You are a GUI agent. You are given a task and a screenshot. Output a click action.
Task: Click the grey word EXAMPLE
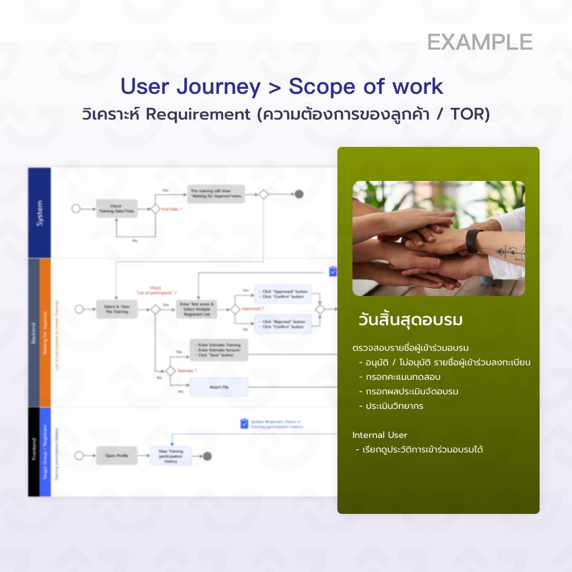480,42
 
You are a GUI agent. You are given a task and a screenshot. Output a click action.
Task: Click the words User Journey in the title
190,87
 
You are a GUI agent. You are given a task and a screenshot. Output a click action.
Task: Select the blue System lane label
39,213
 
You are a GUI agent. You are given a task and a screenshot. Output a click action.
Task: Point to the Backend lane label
34,332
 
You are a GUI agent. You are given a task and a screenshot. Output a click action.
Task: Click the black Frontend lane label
34,451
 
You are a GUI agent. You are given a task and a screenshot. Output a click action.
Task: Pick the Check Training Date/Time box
116,208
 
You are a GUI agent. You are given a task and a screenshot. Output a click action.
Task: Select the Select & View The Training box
116,309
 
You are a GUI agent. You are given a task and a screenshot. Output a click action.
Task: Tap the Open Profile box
116,456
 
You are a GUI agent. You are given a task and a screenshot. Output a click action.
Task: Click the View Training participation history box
170,456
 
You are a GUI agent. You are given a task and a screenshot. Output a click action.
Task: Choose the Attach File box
218,387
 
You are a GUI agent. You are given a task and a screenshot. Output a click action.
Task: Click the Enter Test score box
197,309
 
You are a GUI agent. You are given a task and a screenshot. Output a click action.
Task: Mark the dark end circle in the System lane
299,194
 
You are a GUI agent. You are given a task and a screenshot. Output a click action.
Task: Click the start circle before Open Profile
79,456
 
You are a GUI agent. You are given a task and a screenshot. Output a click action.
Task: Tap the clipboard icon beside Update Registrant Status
244,424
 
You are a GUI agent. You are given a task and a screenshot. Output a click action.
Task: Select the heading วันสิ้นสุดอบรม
411,321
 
